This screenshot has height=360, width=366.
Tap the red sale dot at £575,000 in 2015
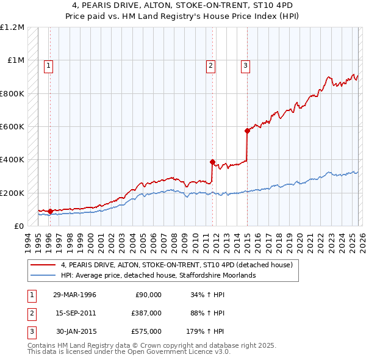tap(247, 131)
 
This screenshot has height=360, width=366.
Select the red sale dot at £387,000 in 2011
tap(212, 162)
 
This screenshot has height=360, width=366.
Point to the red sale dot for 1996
tap(50, 211)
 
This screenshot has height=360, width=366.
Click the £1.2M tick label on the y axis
tap(12, 27)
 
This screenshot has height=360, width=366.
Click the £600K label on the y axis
tap(12, 127)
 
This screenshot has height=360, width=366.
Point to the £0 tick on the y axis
tap(19, 226)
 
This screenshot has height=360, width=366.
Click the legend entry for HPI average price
tap(159, 275)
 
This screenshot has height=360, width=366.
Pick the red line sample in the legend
tap(43, 265)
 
